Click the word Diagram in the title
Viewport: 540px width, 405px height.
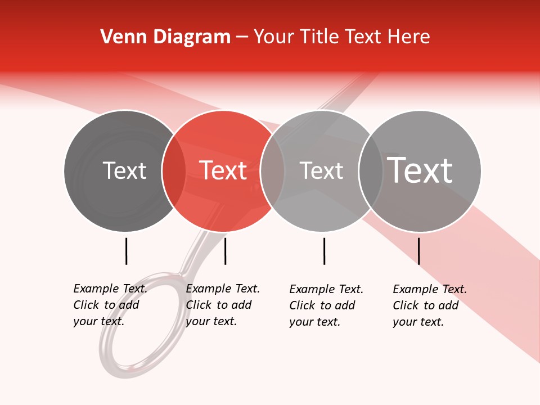192,37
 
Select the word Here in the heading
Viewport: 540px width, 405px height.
409,37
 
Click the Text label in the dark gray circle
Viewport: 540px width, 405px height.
124,170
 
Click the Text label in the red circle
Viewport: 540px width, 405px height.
223,170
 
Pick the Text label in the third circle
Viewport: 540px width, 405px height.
321,170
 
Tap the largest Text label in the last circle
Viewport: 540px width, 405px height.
420,170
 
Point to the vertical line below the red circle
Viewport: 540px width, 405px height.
225,251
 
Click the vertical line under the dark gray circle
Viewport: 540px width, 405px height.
126,251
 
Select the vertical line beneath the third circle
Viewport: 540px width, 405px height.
324,251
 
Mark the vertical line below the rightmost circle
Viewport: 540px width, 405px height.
418,251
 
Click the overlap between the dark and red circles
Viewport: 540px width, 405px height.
174,171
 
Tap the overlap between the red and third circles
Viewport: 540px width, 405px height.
272,171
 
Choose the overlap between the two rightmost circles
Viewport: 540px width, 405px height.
370,171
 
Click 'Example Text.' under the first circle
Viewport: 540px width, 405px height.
110,289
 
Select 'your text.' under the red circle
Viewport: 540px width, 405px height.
211,321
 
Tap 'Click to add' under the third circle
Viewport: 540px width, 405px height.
322,305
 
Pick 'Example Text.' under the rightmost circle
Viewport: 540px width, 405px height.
430,289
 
